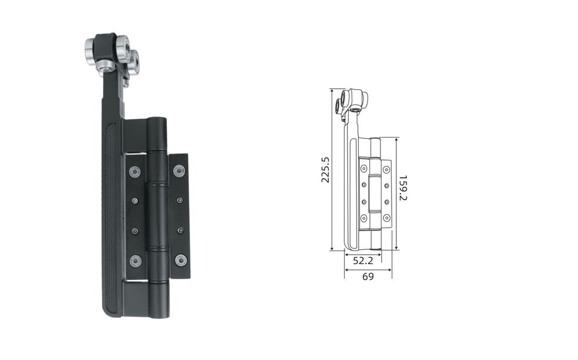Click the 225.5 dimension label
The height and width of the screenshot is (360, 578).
coord(325,169)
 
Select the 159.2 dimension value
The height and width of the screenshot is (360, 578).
coord(403,188)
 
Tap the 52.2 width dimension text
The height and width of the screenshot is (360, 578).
coord(363,261)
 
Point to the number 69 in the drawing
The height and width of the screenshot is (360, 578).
coord(368,276)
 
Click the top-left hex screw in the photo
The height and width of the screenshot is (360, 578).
coord(135,172)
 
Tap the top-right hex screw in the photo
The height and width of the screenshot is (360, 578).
coord(179,171)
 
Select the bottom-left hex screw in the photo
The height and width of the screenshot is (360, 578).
coord(135,261)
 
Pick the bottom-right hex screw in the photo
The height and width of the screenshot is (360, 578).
coord(181,260)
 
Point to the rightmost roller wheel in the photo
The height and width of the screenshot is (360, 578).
coord(133,63)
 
